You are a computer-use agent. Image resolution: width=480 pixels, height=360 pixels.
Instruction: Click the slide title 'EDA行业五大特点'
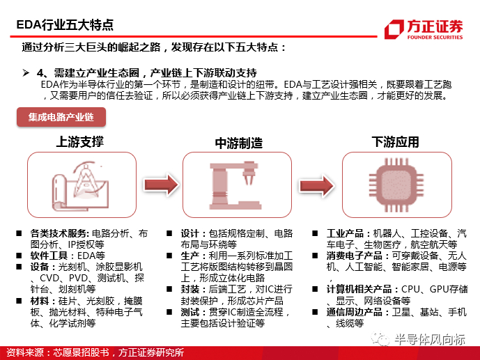(x=65, y=25)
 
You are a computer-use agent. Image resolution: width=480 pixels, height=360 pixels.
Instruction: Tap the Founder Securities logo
(x=424, y=29)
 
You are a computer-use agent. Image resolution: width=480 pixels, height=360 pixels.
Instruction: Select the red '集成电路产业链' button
(x=61, y=117)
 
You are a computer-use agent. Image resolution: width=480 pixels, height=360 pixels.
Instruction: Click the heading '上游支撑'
(x=80, y=142)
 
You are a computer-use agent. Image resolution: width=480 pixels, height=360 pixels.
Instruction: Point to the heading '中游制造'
(x=239, y=143)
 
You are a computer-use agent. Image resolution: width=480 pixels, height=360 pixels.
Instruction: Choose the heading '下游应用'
(x=395, y=142)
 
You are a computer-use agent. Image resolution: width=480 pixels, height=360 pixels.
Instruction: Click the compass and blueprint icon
(x=80, y=186)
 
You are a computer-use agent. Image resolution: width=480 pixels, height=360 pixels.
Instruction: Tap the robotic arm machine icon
(x=235, y=186)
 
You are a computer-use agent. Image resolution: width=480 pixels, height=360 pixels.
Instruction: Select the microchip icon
(x=396, y=185)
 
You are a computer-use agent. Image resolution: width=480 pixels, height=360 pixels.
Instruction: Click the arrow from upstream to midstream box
(x=162, y=185)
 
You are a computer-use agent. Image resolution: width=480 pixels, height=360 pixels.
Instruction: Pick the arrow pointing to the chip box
(x=317, y=185)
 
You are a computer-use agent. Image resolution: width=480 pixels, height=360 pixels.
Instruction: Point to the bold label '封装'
(x=190, y=289)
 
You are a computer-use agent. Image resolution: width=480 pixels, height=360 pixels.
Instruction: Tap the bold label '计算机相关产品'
(x=359, y=289)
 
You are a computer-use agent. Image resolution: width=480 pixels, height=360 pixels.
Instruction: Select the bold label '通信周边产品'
(x=354, y=312)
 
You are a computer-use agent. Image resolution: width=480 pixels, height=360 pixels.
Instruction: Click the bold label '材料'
(x=40, y=301)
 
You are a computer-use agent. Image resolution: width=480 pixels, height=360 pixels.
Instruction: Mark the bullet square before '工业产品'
(x=315, y=233)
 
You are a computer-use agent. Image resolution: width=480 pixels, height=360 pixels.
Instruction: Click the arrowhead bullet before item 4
(x=26, y=73)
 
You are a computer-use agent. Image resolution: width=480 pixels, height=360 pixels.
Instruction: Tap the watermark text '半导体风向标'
(x=429, y=340)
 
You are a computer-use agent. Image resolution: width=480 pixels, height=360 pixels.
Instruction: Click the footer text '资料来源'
(x=25, y=352)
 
